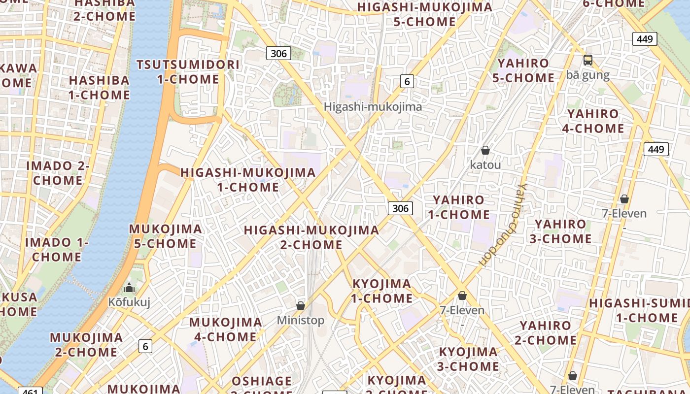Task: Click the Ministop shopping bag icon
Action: [x=301, y=306]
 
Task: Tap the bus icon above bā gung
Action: [x=587, y=60]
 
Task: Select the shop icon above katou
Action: [x=485, y=150]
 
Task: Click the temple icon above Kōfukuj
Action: [x=129, y=288]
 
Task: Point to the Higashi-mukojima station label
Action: [x=373, y=106]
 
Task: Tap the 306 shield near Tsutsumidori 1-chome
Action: [x=278, y=53]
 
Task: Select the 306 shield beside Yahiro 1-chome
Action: [x=400, y=208]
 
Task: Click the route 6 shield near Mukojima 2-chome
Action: [x=145, y=346]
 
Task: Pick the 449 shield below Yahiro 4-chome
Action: [x=655, y=149]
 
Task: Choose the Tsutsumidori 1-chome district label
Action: [x=188, y=72]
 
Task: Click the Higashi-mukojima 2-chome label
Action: [x=311, y=237]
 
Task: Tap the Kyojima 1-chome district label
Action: [x=382, y=291]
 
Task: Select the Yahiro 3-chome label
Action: [x=560, y=231]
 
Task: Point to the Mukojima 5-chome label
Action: [x=165, y=236]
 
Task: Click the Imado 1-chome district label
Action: [x=57, y=250]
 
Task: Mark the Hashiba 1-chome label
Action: [x=99, y=87]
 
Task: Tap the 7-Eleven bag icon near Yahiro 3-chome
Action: [x=624, y=199]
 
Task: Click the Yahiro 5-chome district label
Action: [x=523, y=70]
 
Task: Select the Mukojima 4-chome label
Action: [x=226, y=329]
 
